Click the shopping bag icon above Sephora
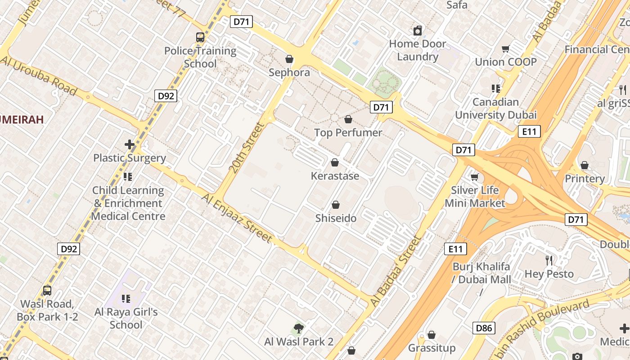(289, 59)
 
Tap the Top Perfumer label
(348, 132)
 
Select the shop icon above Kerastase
(335, 162)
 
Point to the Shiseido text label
(336, 218)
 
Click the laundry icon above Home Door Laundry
(418, 31)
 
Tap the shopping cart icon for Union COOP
(505, 49)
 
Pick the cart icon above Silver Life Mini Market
(474, 177)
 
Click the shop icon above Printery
(585, 165)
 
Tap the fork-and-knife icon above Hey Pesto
(549, 260)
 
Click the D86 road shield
(484, 328)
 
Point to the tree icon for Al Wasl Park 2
(298, 328)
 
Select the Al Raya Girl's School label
(126, 318)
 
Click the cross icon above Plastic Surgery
(130, 144)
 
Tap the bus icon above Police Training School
(200, 37)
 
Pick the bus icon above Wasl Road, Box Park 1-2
(47, 291)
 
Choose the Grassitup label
(432, 348)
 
